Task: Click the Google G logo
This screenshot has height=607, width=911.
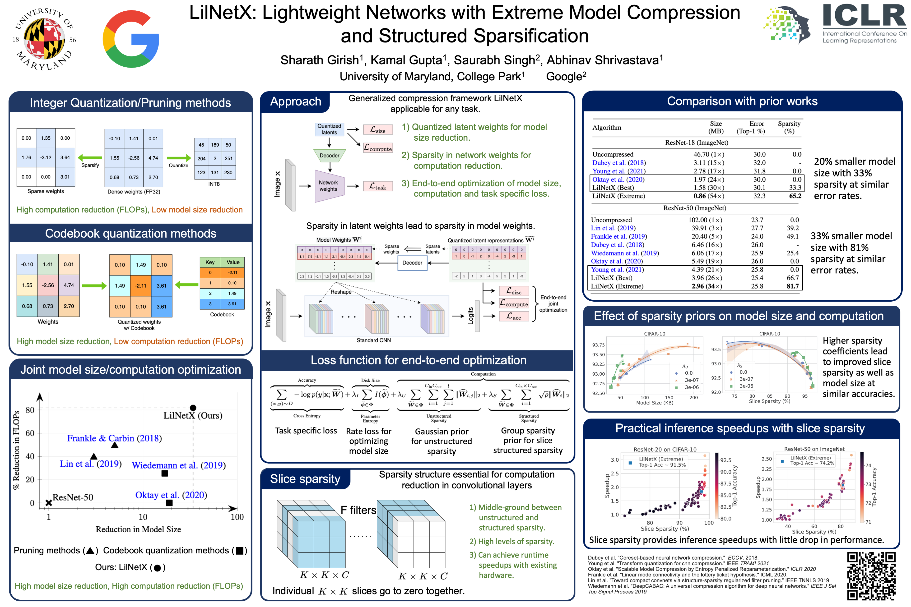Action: pyautogui.click(x=131, y=39)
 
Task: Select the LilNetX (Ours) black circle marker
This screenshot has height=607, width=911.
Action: pyautogui.click(x=193, y=408)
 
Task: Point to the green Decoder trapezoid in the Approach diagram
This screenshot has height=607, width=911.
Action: pyautogui.click(x=329, y=156)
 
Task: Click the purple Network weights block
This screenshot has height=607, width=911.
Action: pyautogui.click(x=328, y=186)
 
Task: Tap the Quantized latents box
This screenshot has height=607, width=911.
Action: pyautogui.click(x=329, y=129)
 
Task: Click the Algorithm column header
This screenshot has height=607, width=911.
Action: pyautogui.click(x=607, y=127)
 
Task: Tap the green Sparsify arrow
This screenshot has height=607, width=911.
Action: pyautogui.click(x=90, y=158)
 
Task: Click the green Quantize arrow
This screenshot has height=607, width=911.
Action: pyautogui.click(x=179, y=158)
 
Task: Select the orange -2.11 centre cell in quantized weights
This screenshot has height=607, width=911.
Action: pyautogui.click(x=141, y=286)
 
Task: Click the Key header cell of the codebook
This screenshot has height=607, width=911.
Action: pyautogui.click(x=210, y=262)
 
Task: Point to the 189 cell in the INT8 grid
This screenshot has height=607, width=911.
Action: pyautogui.click(x=215, y=145)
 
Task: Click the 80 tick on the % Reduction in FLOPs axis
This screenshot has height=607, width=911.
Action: pyautogui.click(x=30, y=410)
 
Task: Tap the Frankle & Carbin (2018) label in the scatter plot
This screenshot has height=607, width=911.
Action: pyautogui.click(x=114, y=438)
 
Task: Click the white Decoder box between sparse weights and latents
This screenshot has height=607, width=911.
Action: pyautogui.click(x=412, y=263)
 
